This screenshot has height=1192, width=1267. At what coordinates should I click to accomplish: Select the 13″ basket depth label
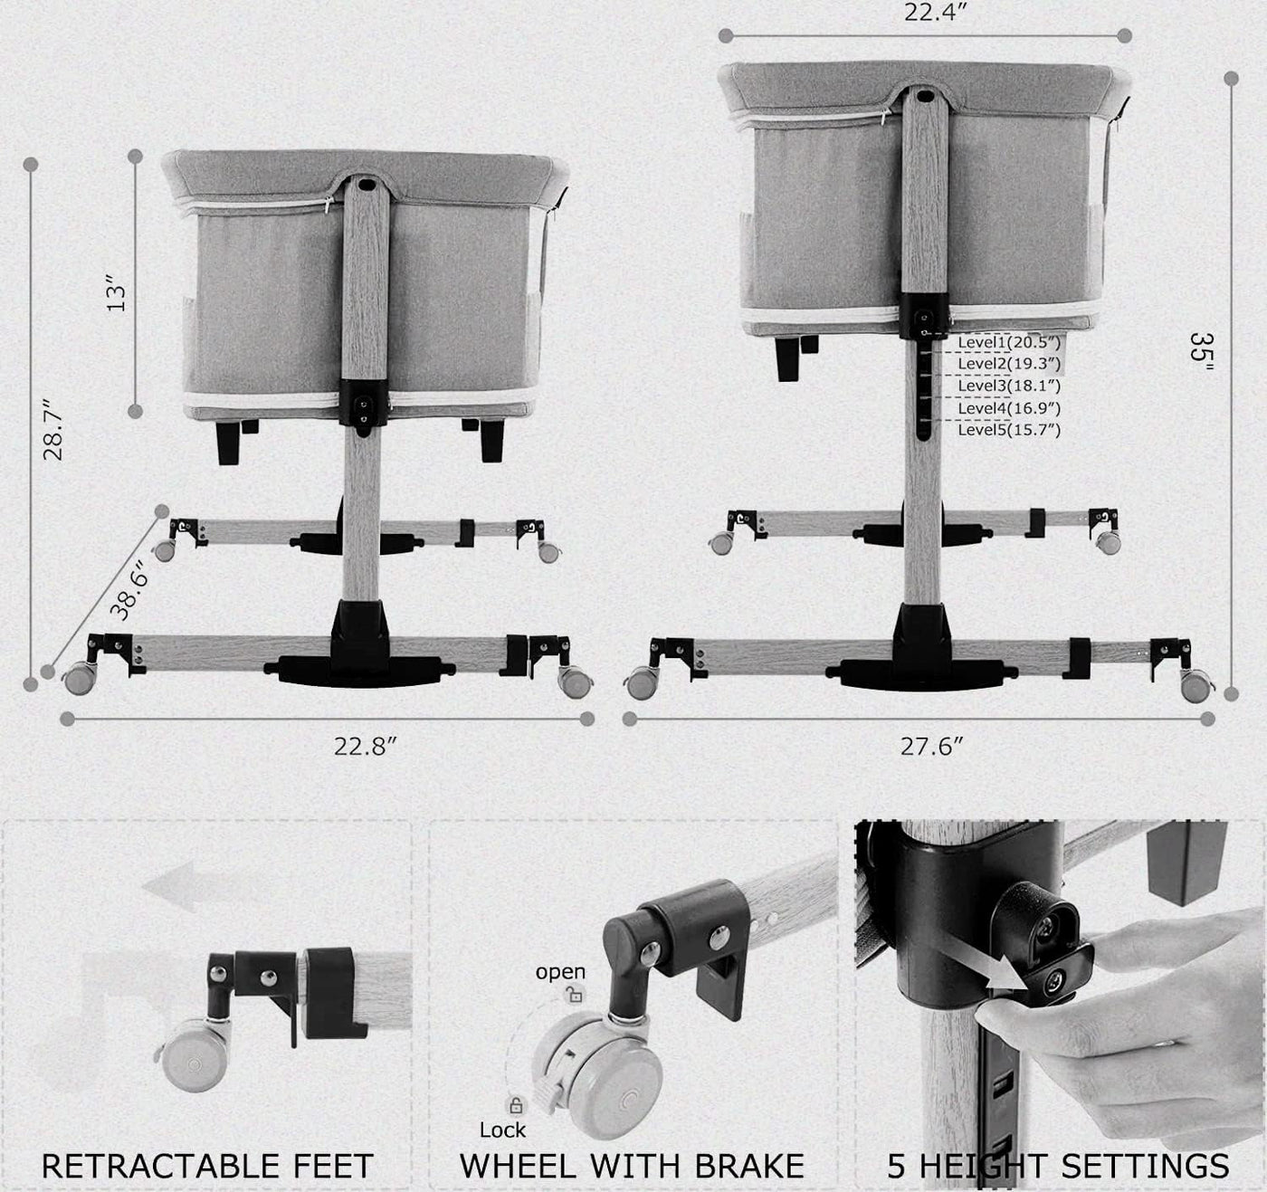(x=116, y=293)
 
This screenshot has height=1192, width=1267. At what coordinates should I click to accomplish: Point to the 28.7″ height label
(x=53, y=430)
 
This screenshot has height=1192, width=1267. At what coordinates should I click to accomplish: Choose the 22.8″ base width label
(x=366, y=746)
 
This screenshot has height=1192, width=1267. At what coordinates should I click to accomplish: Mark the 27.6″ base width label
(x=931, y=746)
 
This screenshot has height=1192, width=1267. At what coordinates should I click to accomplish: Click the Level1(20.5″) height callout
(x=1009, y=343)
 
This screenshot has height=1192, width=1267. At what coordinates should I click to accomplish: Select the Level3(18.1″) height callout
(x=1009, y=386)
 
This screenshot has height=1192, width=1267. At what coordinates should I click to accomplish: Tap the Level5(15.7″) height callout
(x=1009, y=429)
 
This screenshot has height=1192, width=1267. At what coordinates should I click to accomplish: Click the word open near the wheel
(x=560, y=972)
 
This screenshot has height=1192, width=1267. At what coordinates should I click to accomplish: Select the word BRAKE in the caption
(x=749, y=1167)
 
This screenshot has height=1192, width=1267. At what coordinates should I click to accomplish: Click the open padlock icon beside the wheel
(x=575, y=994)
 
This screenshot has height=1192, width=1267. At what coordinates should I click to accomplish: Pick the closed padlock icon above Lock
(x=516, y=1105)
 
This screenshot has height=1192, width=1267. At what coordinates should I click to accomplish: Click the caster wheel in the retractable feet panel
(x=194, y=1055)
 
